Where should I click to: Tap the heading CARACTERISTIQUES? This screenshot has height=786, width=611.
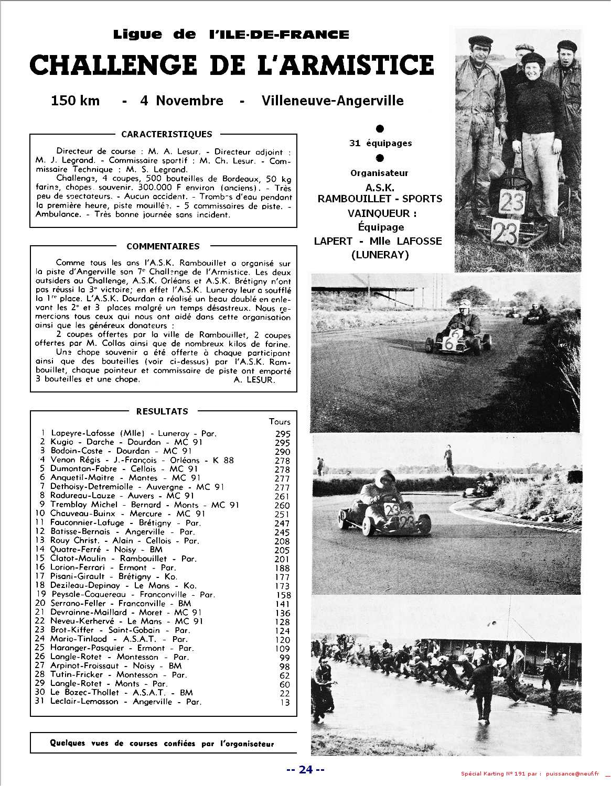coord(166,135)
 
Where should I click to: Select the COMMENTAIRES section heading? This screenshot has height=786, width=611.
coord(163,246)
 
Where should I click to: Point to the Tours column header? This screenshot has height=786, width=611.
coord(280,422)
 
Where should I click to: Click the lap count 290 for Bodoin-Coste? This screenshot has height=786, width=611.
coord(282,452)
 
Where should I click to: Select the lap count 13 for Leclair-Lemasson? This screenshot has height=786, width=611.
coord(285,703)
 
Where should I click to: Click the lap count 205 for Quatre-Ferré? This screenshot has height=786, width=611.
coord(282,550)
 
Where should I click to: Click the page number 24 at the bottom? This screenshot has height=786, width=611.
coord(306,770)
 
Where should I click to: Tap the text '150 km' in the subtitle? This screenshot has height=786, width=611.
coord(75,101)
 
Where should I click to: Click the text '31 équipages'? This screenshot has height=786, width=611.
coord(380,143)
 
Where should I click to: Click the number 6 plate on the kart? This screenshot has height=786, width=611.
coord(451,343)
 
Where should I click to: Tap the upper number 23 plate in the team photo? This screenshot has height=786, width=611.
coord(511,202)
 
